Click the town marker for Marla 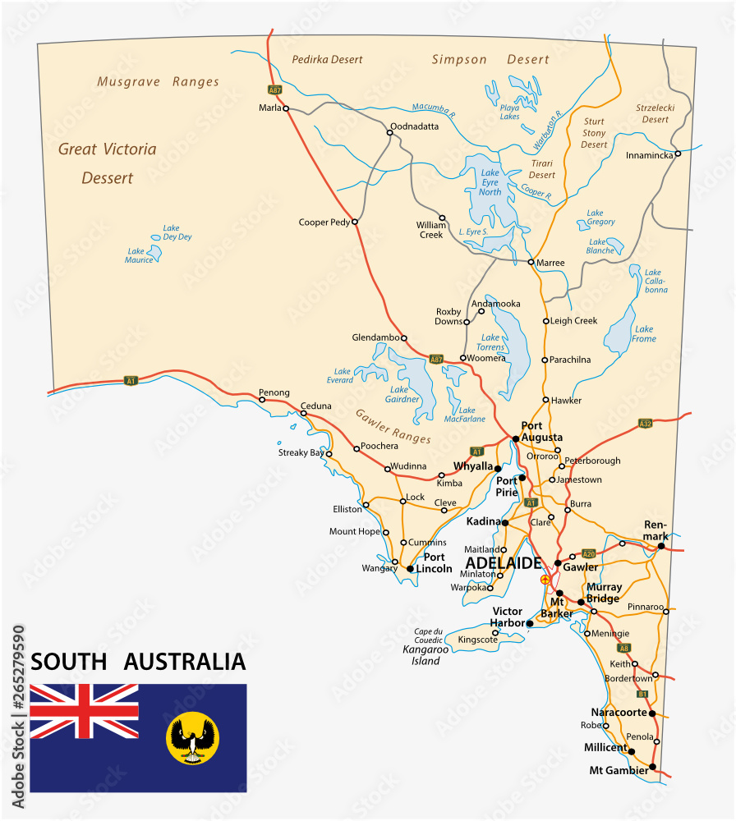coord(286,108)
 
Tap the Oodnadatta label coord(415,126)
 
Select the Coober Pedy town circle coord(355,222)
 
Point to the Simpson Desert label coord(490,60)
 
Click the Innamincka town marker coord(678,154)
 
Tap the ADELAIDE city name coord(503,563)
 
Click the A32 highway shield coord(645,424)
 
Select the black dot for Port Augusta coord(515,438)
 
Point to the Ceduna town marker coord(303,413)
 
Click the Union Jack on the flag coord(84,711)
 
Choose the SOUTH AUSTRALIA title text coord(138,662)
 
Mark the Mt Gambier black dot coord(652,768)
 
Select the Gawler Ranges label coord(393,426)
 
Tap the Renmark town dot coord(661,545)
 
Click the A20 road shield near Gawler coord(587,553)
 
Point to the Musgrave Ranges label coord(158,82)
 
